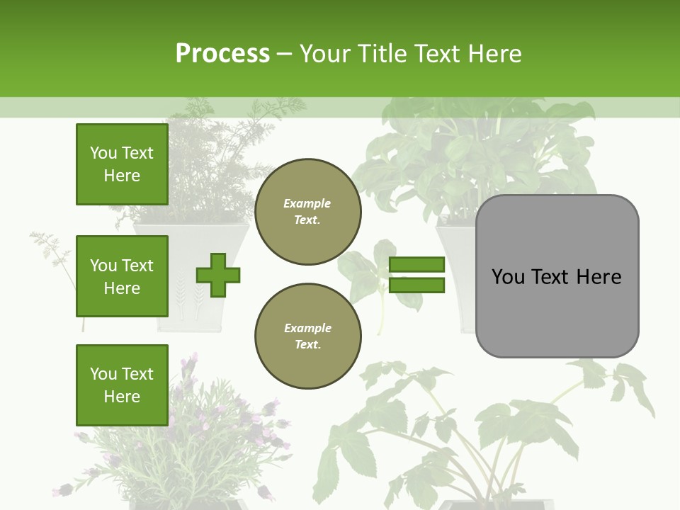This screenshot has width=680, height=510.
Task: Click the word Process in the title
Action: click(222, 54)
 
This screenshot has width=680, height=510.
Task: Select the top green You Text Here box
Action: click(122, 164)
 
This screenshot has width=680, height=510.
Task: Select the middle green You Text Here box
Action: click(122, 276)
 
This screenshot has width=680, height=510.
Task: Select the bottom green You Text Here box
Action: click(122, 385)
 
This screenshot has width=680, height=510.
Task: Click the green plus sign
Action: click(218, 275)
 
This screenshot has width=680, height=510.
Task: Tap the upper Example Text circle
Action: click(307, 212)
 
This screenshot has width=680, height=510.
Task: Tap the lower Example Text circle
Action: click(307, 336)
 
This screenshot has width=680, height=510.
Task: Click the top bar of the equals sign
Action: click(416, 265)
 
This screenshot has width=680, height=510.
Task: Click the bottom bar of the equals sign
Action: click(416, 285)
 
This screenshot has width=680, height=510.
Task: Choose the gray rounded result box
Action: click(557, 276)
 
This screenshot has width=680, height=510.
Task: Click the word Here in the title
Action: click(494, 54)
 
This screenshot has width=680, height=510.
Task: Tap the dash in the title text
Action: click(285, 54)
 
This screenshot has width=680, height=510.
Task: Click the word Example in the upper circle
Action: click(307, 203)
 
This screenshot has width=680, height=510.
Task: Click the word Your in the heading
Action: click(324, 54)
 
